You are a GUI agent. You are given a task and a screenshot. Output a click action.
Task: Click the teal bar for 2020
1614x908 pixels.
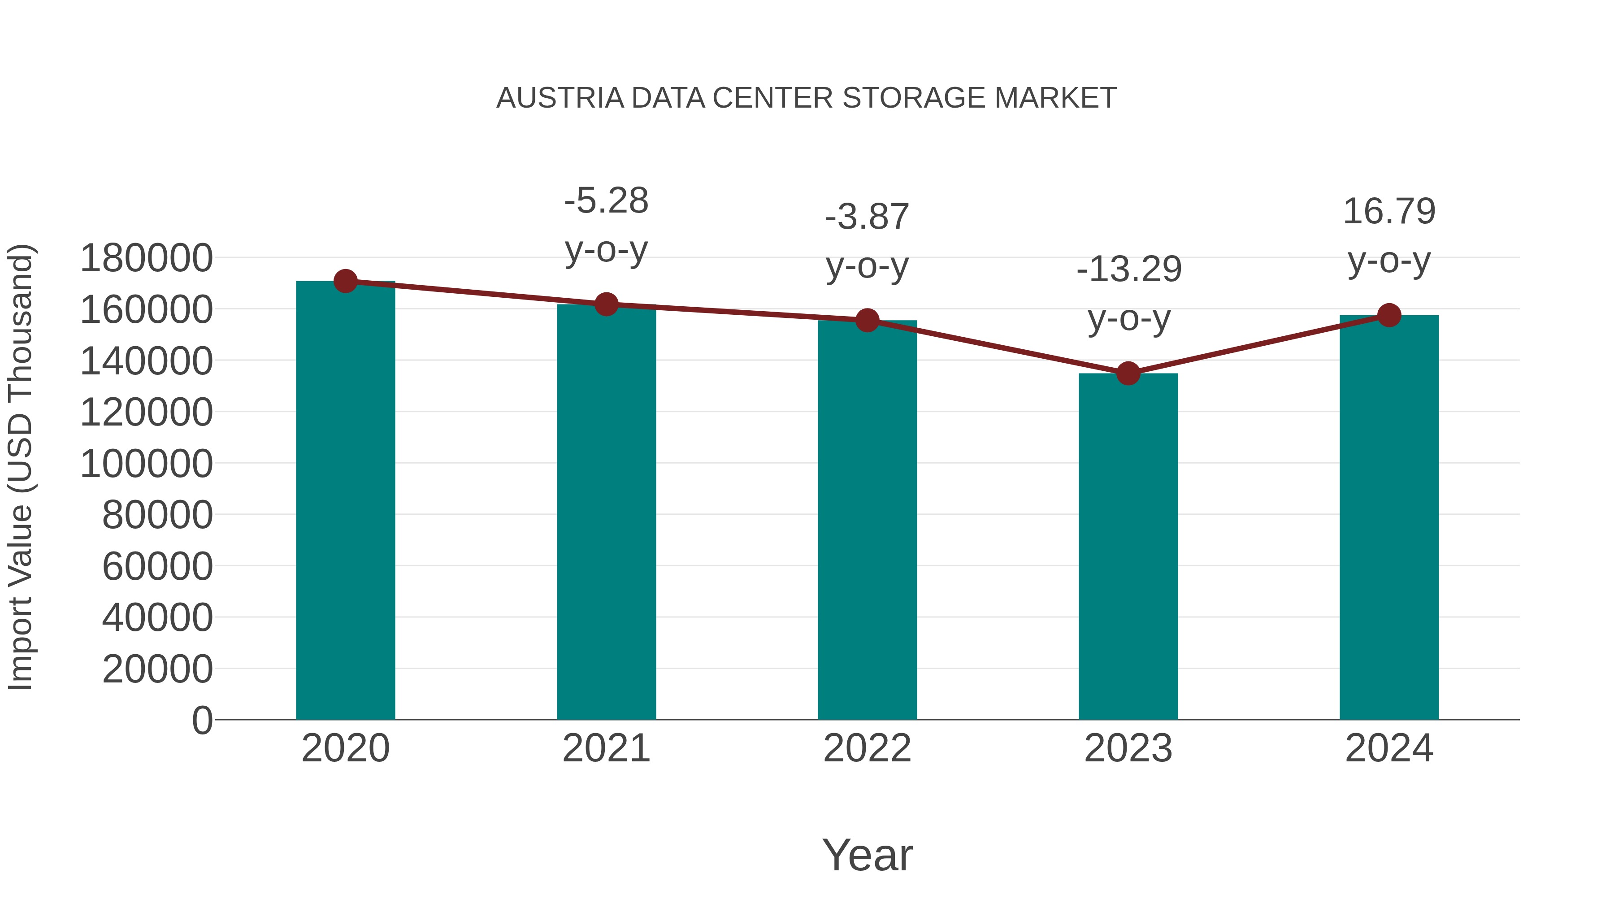point(345,501)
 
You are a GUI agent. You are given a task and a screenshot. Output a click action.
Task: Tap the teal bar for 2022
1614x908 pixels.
point(867,520)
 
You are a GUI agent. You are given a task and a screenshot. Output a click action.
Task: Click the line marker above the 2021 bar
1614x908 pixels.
point(606,304)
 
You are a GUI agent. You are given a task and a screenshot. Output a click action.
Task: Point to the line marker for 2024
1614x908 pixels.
point(1389,315)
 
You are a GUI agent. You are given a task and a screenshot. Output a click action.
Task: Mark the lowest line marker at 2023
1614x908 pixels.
point(1128,374)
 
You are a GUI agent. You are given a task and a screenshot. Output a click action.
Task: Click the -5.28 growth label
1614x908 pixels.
point(606,201)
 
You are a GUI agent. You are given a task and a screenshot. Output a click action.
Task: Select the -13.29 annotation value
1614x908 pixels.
point(1129,269)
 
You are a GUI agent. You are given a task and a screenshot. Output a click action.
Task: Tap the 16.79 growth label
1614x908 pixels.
point(1389,211)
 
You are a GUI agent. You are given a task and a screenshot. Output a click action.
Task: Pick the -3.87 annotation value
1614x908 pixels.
point(867,217)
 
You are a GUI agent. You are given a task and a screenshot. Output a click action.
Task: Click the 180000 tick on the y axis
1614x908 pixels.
point(147,258)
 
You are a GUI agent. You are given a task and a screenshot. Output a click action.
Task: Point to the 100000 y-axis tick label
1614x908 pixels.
point(147,465)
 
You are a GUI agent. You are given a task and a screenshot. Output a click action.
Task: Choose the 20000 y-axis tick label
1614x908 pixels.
point(157,669)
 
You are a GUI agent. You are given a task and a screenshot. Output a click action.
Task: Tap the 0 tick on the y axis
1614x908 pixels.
point(202,721)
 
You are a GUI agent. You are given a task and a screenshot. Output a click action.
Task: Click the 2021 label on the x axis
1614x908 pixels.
point(606,748)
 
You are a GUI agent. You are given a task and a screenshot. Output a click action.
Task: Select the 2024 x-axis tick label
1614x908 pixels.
point(1389,748)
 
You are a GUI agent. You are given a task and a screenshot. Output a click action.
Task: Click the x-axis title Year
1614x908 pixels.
point(867,855)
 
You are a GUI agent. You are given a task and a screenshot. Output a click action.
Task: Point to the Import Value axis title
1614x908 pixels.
point(20,467)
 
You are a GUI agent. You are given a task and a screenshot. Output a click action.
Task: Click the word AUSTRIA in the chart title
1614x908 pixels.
point(560,98)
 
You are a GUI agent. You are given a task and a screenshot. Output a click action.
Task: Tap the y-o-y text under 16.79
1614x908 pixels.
point(1389,261)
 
